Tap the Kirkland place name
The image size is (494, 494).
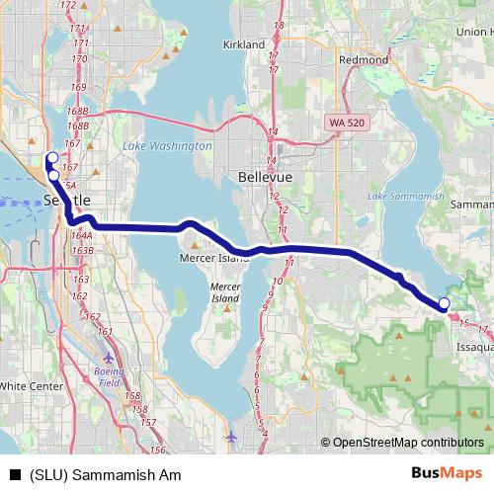(x=244, y=45)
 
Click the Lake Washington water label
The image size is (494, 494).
(x=167, y=146)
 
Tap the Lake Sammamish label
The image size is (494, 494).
(x=405, y=198)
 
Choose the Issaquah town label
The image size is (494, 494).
(x=473, y=348)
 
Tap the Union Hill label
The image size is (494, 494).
(x=471, y=32)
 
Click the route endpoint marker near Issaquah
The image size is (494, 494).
(x=445, y=303)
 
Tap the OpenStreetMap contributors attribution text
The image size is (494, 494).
(x=408, y=443)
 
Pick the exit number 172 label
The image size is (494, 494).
(x=68, y=5)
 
